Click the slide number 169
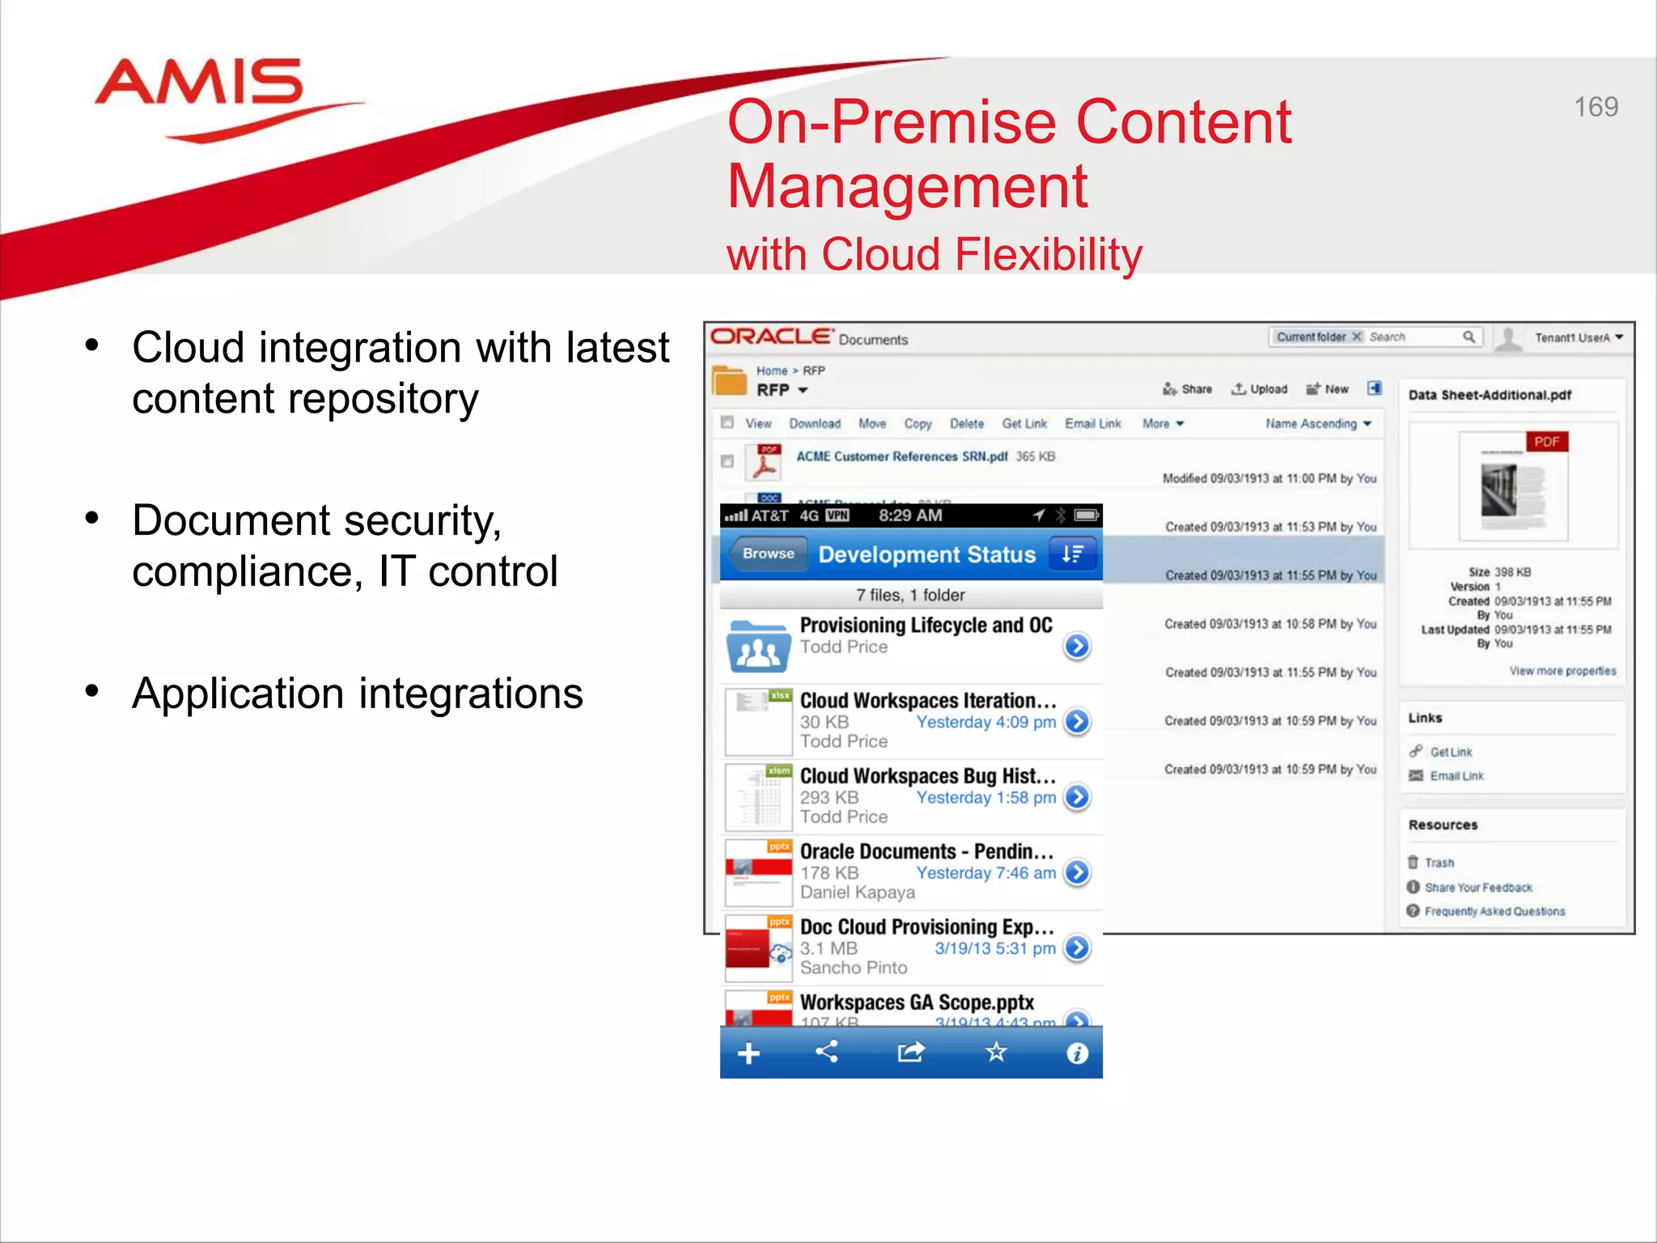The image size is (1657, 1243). [1596, 107]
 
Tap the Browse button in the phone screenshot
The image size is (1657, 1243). [768, 554]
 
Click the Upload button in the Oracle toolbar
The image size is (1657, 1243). [1260, 389]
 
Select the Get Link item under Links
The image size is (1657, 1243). [1450, 752]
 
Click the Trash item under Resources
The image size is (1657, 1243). [1439, 863]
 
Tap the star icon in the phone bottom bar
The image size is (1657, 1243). [996, 1052]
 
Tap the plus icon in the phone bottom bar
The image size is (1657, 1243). [748, 1053]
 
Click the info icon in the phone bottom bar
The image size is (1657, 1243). [1077, 1053]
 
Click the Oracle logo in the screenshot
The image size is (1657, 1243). [771, 337]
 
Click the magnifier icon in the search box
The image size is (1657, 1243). [1468, 337]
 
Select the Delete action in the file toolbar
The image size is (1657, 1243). [966, 423]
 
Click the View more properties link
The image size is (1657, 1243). [1562, 671]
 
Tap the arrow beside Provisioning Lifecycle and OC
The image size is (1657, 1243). [1077, 646]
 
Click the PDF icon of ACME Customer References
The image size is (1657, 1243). [765, 462]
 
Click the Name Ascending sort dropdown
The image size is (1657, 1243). [1318, 423]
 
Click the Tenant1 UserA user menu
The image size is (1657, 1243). [1578, 337]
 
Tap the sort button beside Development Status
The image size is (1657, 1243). [1072, 554]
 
